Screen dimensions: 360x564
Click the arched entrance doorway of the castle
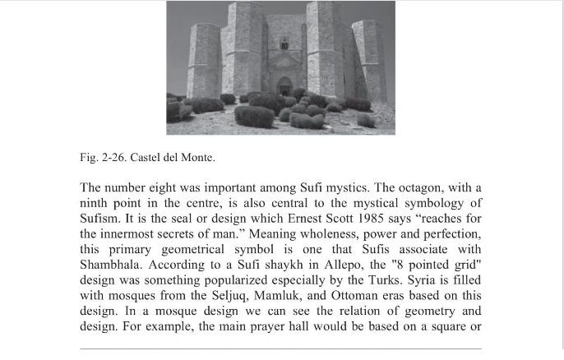[284, 85]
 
